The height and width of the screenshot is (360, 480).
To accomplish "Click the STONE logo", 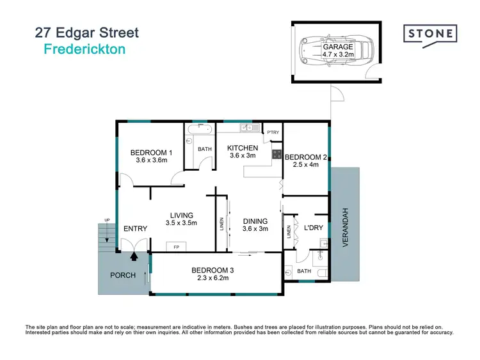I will pyautogui.click(x=429, y=33).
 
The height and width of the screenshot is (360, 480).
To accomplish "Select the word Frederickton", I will pyautogui.click(x=84, y=49).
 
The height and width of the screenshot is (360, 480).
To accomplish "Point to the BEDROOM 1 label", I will pyautogui.click(x=151, y=153).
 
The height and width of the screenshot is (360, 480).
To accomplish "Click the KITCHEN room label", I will pyautogui.click(x=243, y=148).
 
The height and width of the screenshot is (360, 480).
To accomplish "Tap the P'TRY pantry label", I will pyautogui.click(x=273, y=132).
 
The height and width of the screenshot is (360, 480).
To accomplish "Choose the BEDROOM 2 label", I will pyautogui.click(x=306, y=157).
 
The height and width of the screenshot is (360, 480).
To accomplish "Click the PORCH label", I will pyautogui.click(x=123, y=276).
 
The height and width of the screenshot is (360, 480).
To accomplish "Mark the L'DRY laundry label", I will pyautogui.click(x=312, y=228).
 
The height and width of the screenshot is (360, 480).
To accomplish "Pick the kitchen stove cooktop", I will pyautogui.click(x=277, y=154).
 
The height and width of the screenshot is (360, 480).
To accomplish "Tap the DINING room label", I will pyautogui.click(x=255, y=223).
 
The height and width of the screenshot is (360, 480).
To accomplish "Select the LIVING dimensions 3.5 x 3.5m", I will pyautogui.click(x=181, y=223).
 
